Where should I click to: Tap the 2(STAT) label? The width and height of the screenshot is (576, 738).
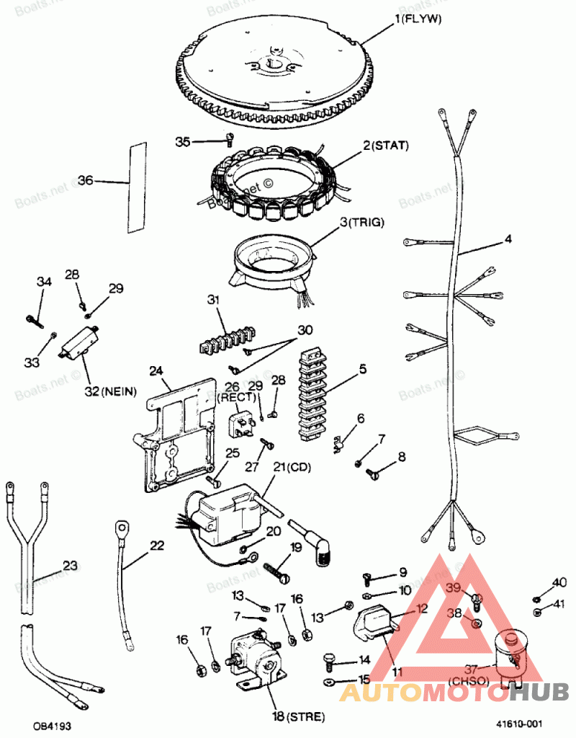pos(386,146)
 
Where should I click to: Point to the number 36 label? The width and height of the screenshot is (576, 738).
pos(85,181)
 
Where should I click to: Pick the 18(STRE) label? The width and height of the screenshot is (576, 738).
pos(298,716)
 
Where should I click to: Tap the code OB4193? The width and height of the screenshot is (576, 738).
pos(51,725)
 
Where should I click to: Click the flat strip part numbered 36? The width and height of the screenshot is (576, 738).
pos(137,187)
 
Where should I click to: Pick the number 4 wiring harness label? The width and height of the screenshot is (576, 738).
pos(508,239)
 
